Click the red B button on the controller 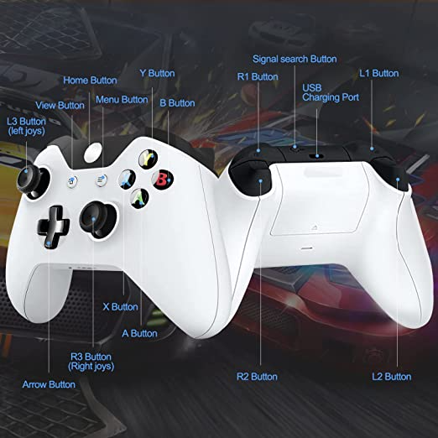click(162, 180)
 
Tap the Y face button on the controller click(149, 159)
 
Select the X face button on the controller click(127, 180)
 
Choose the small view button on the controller click(72, 182)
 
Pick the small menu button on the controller click(102, 180)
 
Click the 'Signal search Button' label click(295, 60)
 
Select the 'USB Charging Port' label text click(331, 92)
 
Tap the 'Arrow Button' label click(49, 384)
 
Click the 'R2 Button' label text click(257, 377)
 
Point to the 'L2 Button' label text click(391, 377)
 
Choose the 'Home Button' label click(90, 81)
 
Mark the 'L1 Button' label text click(379, 73)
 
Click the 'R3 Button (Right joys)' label click(91, 362)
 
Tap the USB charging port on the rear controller click(317, 156)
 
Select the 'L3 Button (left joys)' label click(26, 126)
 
